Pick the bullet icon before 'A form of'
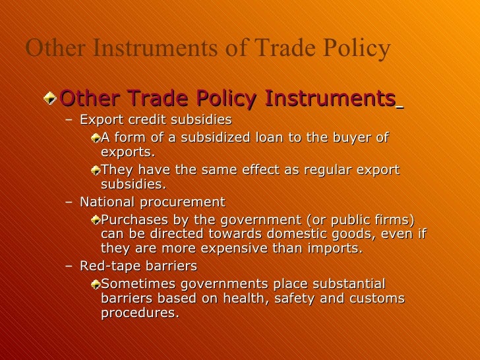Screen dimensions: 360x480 (x=96, y=138)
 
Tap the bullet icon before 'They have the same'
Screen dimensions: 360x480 (x=96, y=170)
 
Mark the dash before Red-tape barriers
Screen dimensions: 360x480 (x=70, y=266)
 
